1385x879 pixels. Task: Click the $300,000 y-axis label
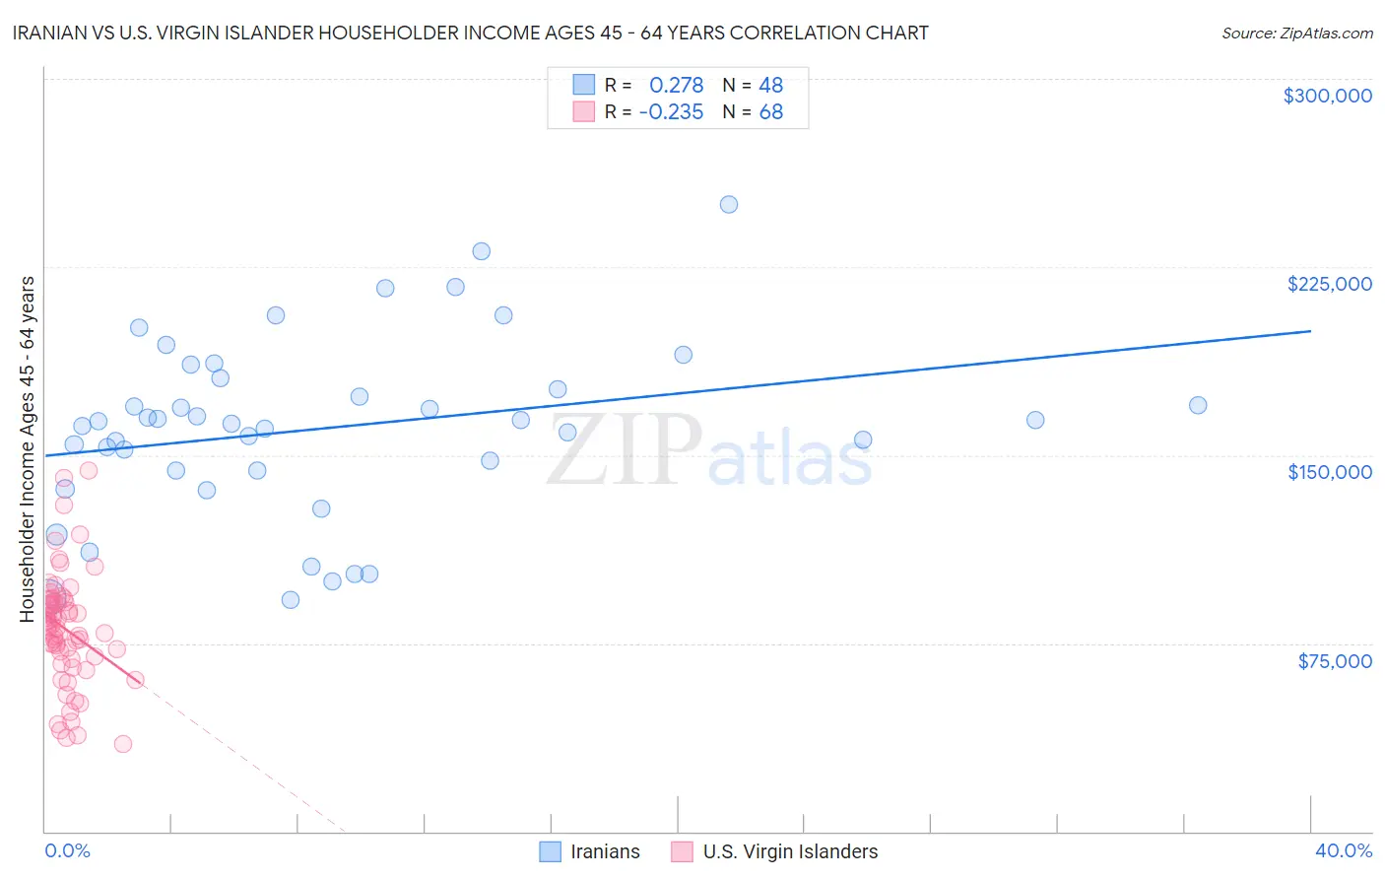tap(1327, 96)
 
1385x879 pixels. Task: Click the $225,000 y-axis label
tap(1329, 284)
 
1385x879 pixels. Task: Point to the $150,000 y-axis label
tap(1329, 472)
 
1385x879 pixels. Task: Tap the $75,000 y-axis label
tap(1334, 661)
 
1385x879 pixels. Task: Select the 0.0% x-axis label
tap(67, 850)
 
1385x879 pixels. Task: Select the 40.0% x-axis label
tap(1343, 850)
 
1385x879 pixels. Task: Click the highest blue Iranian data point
tap(729, 205)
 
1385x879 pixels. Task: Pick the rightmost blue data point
tap(1198, 405)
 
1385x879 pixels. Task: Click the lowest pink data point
tap(123, 744)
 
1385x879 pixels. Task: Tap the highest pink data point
tap(89, 470)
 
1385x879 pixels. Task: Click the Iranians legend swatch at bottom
tap(550, 851)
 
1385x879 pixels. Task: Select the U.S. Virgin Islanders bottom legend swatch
tap(682, 851)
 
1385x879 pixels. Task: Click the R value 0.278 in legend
tap(676, 86)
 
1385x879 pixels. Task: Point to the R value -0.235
tap(671, 112)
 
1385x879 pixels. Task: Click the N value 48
tap(770, 86)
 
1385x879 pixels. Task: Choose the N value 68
tap(770, 112)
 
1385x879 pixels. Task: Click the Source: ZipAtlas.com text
tap(1296, 34)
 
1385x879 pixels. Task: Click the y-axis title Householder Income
tap(28, 448)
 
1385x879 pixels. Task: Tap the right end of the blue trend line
tap(1310, 331)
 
